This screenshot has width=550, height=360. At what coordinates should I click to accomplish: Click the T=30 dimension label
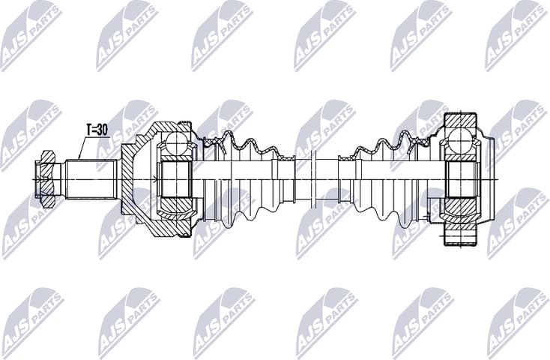pos(95,130)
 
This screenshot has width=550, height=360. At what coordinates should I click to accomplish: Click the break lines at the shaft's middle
pos(315,180)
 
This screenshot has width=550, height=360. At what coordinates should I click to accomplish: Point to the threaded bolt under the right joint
pos(460,236)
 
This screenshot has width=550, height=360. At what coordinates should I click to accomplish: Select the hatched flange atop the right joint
pos(460,121)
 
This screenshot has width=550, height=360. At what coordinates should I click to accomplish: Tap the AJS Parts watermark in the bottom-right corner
pos(517,322)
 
